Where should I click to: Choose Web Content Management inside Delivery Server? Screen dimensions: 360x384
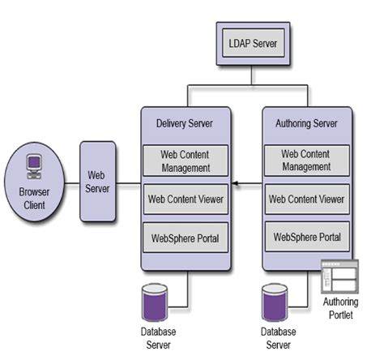pos(186,161)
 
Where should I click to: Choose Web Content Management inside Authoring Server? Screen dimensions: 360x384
pos(307,160)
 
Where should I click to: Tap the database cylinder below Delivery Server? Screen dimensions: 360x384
pos(156,302)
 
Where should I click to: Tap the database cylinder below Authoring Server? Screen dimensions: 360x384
pos(275,303)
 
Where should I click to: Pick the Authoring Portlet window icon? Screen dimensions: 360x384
pos(339,278)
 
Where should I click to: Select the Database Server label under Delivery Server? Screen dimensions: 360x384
pos(156,337)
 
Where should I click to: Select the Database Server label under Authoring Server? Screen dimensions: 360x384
pos(277,337)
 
